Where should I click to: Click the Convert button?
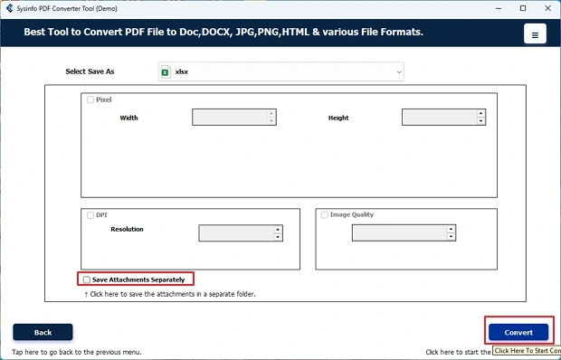point(518,332)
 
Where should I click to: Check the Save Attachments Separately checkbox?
point(87,280)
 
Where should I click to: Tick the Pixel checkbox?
point(90,99)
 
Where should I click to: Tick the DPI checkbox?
point(89,215)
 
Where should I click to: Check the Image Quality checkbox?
point(324,215)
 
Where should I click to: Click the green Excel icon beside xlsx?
point(166,71)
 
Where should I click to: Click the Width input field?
point(230,118)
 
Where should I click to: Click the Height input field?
point(439,118)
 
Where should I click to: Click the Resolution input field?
point(236,232)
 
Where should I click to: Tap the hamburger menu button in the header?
point(535,34)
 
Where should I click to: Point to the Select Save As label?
point(90,71)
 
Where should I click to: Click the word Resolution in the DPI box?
point(127,230)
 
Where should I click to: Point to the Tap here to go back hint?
point(76,352)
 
